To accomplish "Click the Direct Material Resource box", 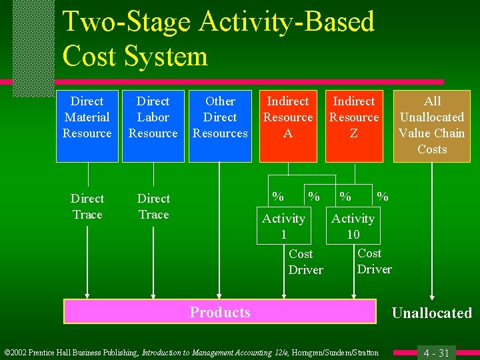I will tap(87, 126).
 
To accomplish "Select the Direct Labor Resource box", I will tap(153, 126).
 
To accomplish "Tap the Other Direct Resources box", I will tap(220, 126).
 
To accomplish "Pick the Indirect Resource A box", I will tap(288, 126).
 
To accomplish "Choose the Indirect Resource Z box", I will tap(353, 126).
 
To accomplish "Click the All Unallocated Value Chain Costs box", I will tap(432, 126).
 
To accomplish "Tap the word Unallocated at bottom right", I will tap(431, 313).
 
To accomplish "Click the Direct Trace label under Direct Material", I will tap(87, 207).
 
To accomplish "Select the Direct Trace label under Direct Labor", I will tap(153, 207).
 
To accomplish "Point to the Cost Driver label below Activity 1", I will tap(305, 262).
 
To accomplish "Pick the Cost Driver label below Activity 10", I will tap(374, 261).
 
